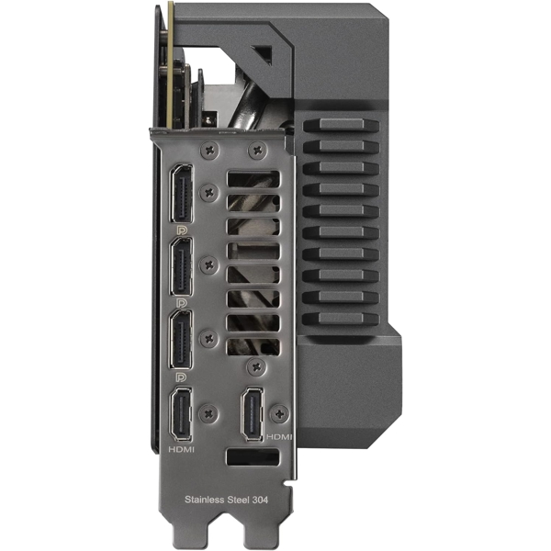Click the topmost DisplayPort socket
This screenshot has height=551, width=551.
pyautogui.click(x=182, y=193)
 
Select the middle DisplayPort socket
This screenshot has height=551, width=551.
pyautogui.click(x=182, y=266)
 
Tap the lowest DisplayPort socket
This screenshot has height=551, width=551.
pyautogui.click(x=182, y=340)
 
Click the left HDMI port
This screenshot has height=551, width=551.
pyautogui.click(x=182, y=414)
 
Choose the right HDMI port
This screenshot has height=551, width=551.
pyautogui.click(x=252, y=414)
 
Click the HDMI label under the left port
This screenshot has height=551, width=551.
pyautogui.click(x=181, y=449)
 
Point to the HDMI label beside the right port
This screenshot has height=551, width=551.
pyautogui.click(x=279, y=437)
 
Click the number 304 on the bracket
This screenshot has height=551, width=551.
pyautogui.click(x=260, y=500)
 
